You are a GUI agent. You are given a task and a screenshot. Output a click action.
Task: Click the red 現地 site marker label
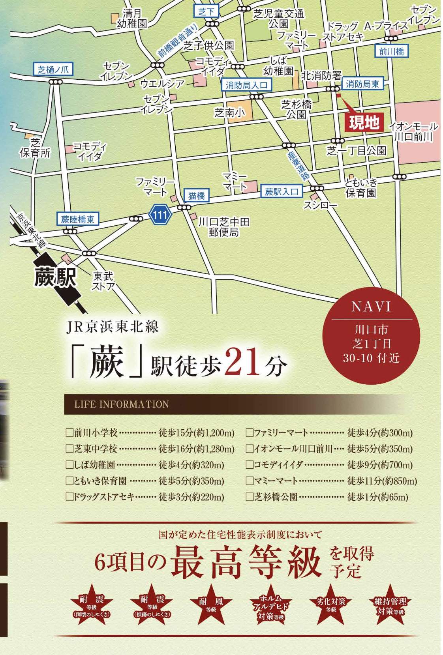(x=364, y=123)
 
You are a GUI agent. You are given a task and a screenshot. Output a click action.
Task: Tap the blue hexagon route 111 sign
(x=160, y=215)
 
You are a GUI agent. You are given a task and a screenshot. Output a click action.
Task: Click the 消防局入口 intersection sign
(x=246, y=85)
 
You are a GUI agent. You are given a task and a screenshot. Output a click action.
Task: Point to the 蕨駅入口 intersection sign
(x=281, y=192)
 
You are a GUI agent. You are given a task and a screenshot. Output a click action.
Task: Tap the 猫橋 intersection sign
(x=196, y=195)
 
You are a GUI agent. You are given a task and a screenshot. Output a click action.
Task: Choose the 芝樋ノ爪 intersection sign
(x=53, y=70)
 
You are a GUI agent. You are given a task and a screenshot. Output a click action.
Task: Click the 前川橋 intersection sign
(x=391, y=51)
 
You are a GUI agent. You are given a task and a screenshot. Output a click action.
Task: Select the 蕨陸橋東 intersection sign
(x=77, y=219)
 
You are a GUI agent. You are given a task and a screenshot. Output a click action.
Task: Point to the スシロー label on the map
(x=320, y=205)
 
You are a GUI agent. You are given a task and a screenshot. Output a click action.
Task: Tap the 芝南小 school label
(x=229, y=113)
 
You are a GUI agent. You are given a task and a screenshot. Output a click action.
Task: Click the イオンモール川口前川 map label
(x=413, y=132)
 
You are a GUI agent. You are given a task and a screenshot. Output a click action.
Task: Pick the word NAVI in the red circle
(x=371, y=307)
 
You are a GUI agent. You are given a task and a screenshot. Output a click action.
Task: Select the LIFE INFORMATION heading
(x=122, y=404)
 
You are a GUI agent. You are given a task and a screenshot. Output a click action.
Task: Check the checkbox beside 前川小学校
(x=69, y=433)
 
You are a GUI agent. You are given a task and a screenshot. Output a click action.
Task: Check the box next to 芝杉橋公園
(x=250, y=497)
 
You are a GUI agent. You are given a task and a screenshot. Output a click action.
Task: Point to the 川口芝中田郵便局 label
(x=224, y=227)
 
